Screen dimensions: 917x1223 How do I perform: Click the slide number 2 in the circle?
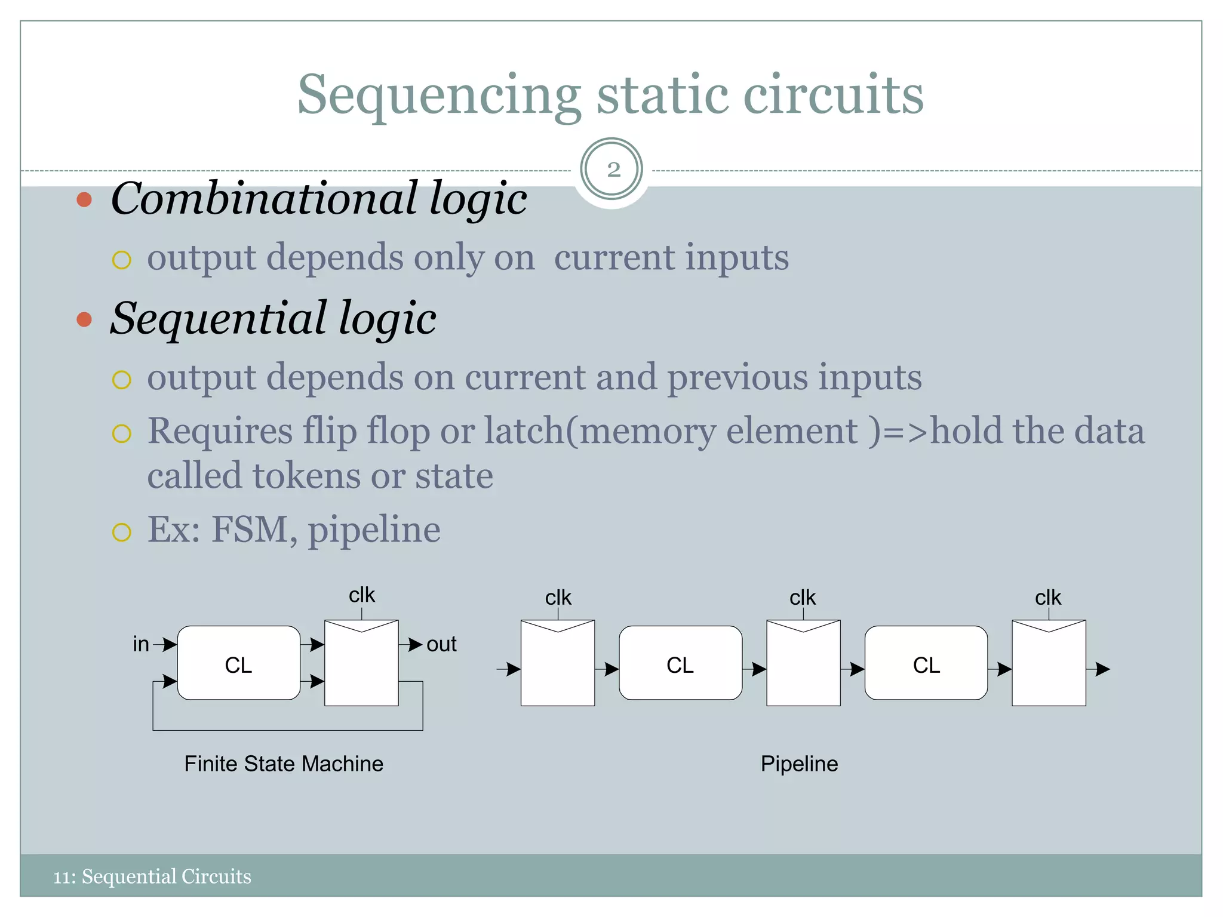pyautogui.click(x=613, y=170)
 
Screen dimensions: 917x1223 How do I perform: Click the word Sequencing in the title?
pyautogui.click(x=439, y=96)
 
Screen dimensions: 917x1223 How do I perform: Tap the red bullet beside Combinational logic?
pyautogui.click(x=84, y=199)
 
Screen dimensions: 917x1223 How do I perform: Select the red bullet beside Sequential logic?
pyautogui.click(x=84, y=319)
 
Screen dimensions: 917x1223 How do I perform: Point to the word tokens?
pyautogui.click(x=306, y=476)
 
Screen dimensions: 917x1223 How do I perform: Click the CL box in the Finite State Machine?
pyautogui.click(x=238, y=663)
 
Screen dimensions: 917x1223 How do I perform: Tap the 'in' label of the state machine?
pyautogui.click(x=141, y=644)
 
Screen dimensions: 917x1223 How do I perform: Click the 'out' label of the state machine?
pyautogui.click(x=441, y=644)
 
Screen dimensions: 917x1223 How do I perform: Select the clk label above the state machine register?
pyautogui.click(x=362, y=595)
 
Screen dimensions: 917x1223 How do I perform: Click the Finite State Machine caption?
pyautogui.click(x=284, y=764)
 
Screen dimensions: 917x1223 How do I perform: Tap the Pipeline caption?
pyautogui.click(x=799, y=764)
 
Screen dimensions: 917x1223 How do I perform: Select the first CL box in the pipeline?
pyautogui.click(x=680, y=663)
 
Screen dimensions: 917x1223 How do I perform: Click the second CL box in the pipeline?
pyautogui.click(x=926, y=663)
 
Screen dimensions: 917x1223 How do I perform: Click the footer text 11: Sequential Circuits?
pyautogui.click(x=152, y=876)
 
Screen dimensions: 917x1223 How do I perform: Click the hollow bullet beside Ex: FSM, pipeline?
pyautogui.click(x=122, y=531)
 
